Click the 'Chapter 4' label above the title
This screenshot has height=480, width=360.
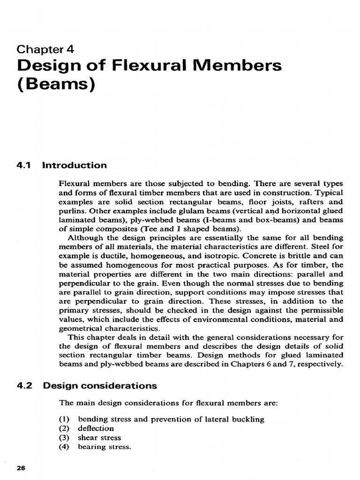(45, 49)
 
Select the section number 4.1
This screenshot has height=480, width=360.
(24, 165)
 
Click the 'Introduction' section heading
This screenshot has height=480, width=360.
(75, 165)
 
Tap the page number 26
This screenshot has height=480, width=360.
(21, 468)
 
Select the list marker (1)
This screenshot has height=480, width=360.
(64, 420)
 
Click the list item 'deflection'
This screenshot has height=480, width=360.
(96, 428)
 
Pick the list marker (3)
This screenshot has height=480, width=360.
(64, 438)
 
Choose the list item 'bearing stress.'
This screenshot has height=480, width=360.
(103, 447)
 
